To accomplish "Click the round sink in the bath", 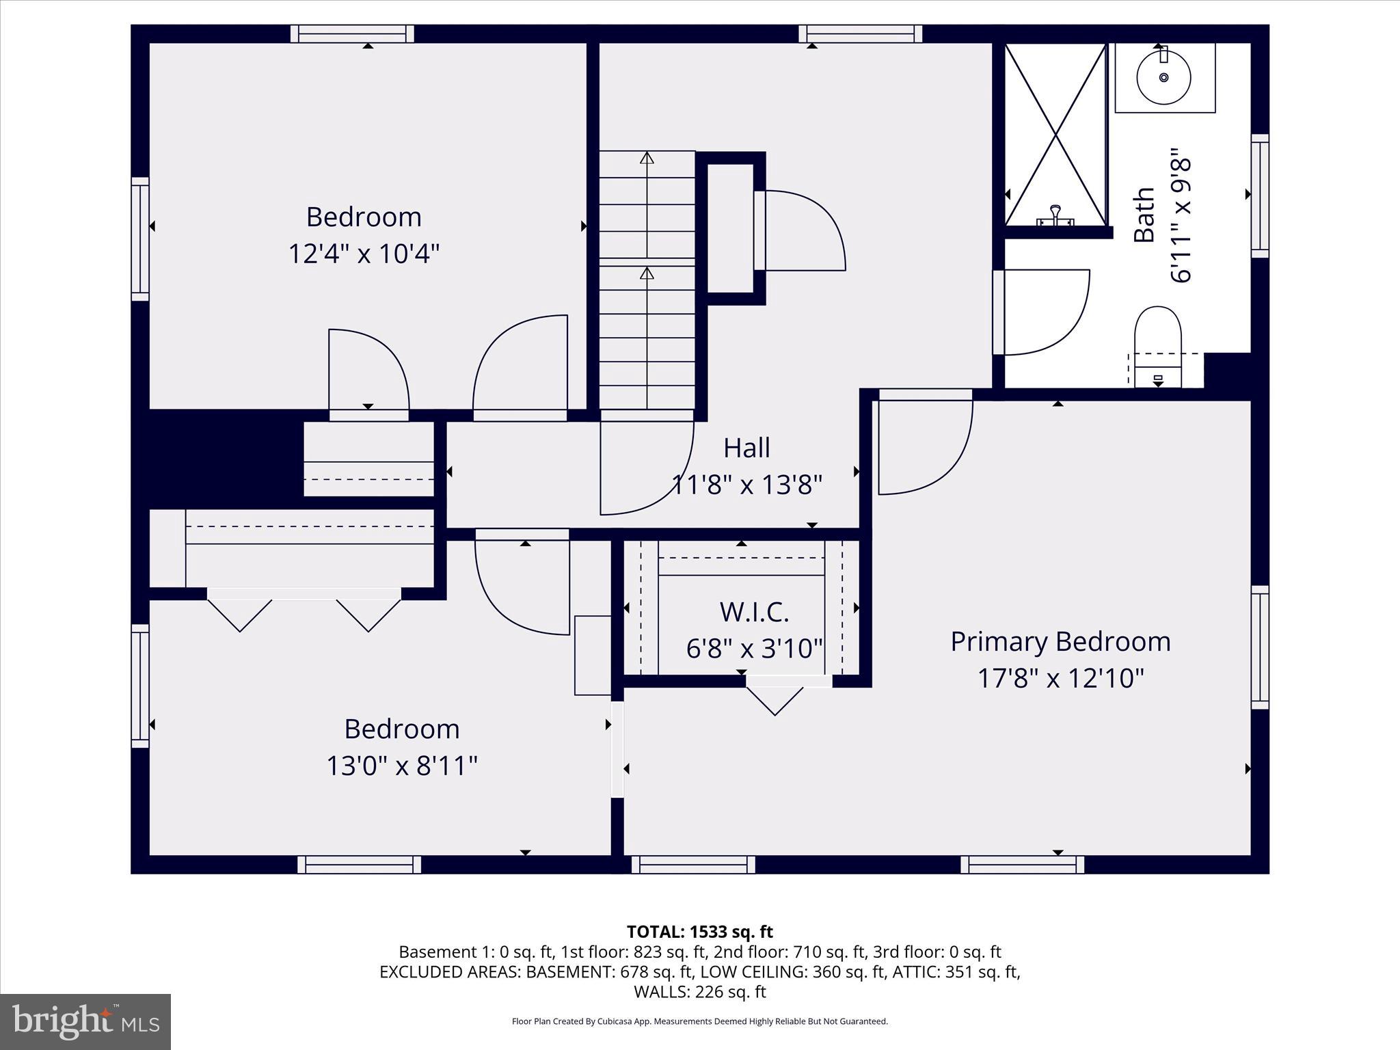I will click(1163, 77).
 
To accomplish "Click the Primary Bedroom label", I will click(1060, 642).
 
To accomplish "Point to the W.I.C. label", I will click(754, 612).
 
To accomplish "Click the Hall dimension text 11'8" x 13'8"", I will click(746, 485).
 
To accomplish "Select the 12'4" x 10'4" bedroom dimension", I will click(363, 254).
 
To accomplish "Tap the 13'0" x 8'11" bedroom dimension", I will click(401, 766).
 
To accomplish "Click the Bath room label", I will click(1144, 215).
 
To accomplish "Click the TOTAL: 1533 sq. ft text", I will click(699, 932).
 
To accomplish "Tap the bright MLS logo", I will click(85, 1021).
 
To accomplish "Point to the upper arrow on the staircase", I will click(647, 159).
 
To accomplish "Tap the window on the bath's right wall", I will click(1259, 196).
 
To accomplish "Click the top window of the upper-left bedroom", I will click(352, 34).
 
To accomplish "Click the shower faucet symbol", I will click(1055, 215).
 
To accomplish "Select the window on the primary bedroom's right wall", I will click(1259, 647).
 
